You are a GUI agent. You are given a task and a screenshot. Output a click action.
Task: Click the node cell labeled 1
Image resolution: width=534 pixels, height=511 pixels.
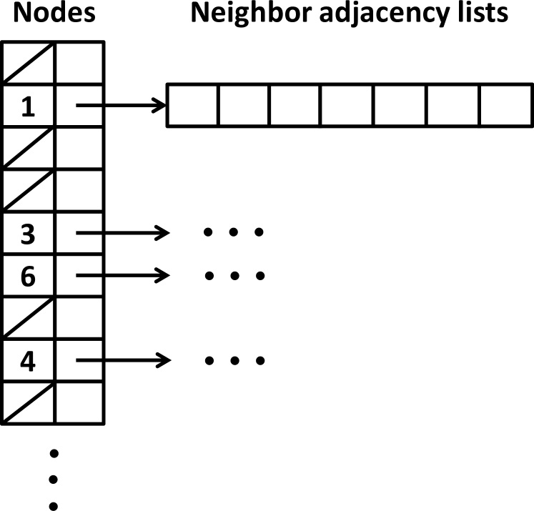28,106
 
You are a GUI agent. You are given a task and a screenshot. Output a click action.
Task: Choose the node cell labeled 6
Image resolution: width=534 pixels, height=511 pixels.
28,275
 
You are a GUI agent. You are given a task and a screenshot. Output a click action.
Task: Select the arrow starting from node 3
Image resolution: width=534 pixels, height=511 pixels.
122,233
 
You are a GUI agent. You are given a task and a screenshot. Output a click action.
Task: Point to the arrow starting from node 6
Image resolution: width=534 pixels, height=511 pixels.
122,275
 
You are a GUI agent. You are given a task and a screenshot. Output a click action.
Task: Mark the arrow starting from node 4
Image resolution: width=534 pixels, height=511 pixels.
122,359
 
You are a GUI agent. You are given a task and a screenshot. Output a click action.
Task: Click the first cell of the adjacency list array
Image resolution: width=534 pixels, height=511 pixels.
192,106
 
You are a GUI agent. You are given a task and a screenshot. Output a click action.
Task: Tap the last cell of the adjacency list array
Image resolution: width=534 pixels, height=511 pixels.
505,106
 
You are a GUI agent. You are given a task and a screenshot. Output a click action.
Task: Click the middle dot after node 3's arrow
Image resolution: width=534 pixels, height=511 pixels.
234,233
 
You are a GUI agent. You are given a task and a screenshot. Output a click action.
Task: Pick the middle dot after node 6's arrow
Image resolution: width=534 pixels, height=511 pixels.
234,275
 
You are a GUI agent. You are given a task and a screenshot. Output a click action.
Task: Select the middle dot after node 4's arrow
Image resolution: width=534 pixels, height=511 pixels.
234,360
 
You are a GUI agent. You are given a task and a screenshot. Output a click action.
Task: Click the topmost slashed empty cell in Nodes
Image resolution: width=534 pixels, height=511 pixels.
28,63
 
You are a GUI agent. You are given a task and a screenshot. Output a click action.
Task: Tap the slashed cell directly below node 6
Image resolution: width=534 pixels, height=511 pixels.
28,317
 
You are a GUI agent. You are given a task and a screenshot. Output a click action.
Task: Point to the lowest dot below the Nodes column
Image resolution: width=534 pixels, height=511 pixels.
53,504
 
